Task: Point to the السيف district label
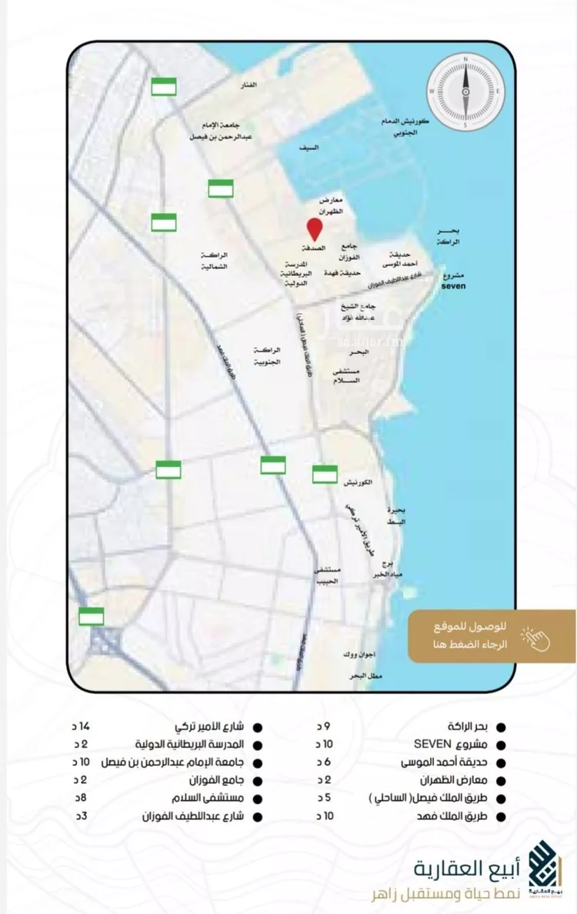[x=311, y=146]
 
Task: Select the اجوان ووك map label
[x=359, y=655]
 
